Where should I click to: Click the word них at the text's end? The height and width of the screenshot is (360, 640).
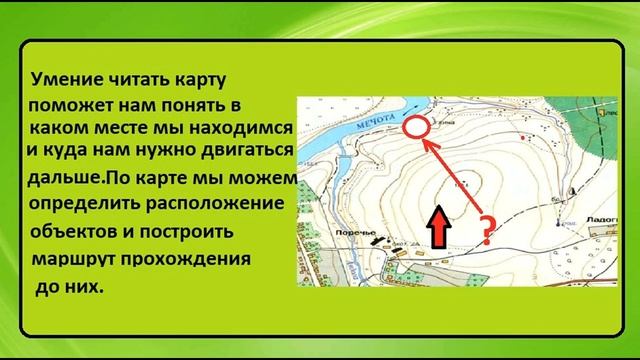[x=87, y=286]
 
